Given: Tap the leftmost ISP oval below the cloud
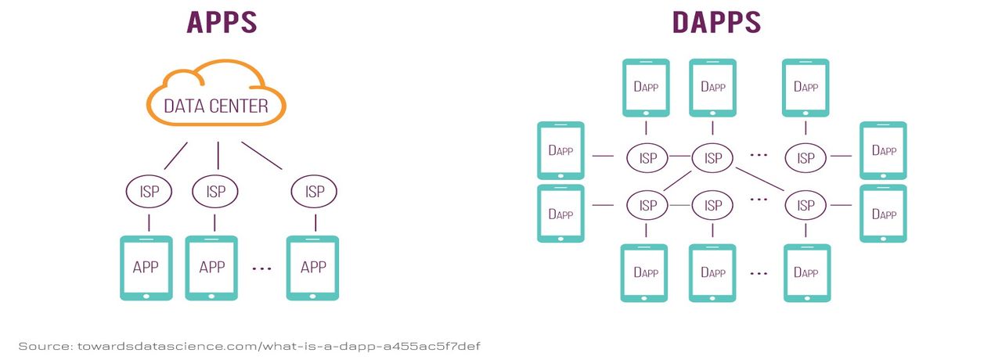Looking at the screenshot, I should [149, 191].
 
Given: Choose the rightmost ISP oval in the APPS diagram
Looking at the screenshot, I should [314, 191].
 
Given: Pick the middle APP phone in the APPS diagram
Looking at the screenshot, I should [211, 268].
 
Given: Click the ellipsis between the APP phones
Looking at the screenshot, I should [261, 268].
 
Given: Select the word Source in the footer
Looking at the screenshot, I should [43, 345].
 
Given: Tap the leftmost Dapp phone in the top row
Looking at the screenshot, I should [646, 88].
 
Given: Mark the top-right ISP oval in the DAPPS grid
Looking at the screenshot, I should [806, 158].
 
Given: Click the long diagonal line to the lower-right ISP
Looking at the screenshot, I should [759, 182].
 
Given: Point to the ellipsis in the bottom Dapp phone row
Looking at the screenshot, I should [758, 274].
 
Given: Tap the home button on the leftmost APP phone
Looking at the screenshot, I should [146, 296].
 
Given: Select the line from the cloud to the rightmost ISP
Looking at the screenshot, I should [261, 155].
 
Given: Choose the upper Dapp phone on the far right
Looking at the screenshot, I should [883, 150].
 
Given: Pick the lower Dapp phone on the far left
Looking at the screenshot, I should [560, 214].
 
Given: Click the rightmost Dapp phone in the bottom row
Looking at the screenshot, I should [806, 273].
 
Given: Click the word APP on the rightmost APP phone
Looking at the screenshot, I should [313, 267].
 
